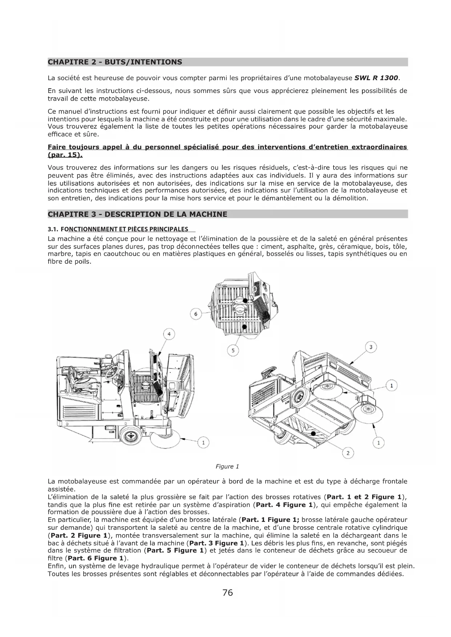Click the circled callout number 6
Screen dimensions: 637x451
coord(196,314)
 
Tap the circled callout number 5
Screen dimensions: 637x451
coord(233,350)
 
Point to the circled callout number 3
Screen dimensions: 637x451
coord(371,347)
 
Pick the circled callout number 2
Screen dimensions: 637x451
coord(348,453)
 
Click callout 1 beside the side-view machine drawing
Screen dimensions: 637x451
coord(204,442)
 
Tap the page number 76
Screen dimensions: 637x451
coord(227,593)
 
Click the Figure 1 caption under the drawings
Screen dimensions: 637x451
coord(227,467)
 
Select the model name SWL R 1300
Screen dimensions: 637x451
coord(376,78)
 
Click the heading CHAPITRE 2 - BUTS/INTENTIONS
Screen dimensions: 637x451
coord(115,62)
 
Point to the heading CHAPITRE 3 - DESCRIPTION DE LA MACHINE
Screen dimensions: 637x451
coord(137,214)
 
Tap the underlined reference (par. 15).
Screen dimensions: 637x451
coord(65,155)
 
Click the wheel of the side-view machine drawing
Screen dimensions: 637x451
coord(132,435)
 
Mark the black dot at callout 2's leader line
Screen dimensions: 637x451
coord(313,433)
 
